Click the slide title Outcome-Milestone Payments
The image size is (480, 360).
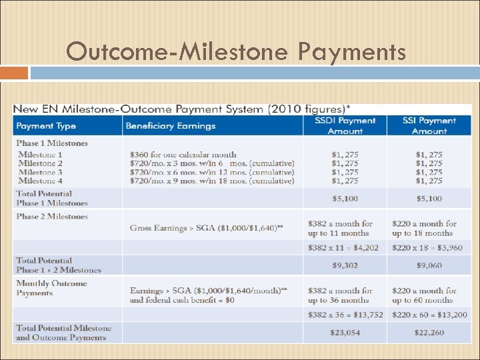click(236, 51)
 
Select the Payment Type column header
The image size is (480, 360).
click(46, 126)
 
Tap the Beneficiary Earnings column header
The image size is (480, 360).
click(171, 126)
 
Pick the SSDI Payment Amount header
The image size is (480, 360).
click(345, 126)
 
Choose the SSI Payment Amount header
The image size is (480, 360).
click(429, 126)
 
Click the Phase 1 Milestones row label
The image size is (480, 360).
click(52, 143)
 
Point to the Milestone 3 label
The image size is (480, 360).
click(41, 172)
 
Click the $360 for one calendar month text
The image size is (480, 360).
click(183, 155)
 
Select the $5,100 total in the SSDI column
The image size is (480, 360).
click(345, 199)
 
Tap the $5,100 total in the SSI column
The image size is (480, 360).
click(429, 199)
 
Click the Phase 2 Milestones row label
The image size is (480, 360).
click(52, 217)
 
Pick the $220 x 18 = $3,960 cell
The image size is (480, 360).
click(429, 247)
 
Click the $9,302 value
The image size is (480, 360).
click(345, 265)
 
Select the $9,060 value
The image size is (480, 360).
click(429, 265)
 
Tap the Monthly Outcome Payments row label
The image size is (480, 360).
click(52, 288)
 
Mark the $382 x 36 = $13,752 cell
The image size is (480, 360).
click(345, 315)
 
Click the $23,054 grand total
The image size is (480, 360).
click(345, 333)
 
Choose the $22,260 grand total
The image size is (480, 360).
click(429, 333)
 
